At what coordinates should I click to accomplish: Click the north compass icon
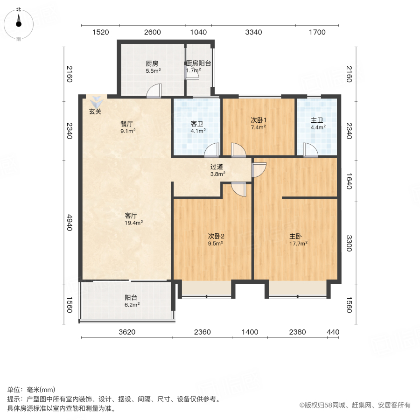click(18, 23)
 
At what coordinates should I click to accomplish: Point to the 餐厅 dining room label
click(127, 124)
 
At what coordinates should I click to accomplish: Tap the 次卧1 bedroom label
click(258, 119)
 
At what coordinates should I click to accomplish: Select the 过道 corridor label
click(217, 166)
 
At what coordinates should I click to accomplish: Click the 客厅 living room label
click(131, 216)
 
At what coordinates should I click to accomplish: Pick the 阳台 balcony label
click(130, 297)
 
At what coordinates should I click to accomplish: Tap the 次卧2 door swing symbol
click(238, 189)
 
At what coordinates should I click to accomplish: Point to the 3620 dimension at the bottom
click(127, 332)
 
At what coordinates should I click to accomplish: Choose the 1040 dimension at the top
click(198, 32)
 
